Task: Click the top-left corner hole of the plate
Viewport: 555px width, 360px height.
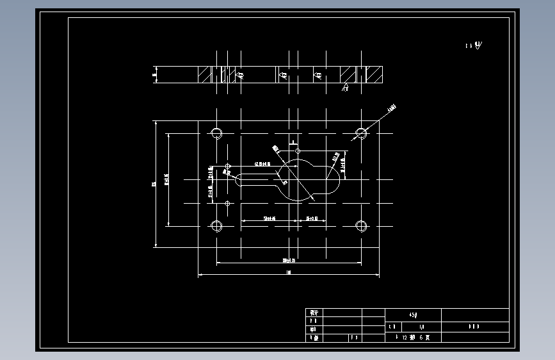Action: [216, 133]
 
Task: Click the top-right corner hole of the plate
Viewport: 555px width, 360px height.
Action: [362, 133]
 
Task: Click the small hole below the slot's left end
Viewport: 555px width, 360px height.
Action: [227, 203]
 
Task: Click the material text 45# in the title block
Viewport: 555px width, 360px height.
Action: [414, 315]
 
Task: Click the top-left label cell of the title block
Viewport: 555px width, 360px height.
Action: [314, 312]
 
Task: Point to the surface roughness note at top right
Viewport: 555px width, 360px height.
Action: [474, 45]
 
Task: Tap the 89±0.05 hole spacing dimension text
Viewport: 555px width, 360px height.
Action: [292, 260]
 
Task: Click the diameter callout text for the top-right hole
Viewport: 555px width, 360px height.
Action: [392, 108]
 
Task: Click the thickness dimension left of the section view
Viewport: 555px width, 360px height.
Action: [154, 75]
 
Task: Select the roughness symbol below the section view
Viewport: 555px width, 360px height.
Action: [345, 88]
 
